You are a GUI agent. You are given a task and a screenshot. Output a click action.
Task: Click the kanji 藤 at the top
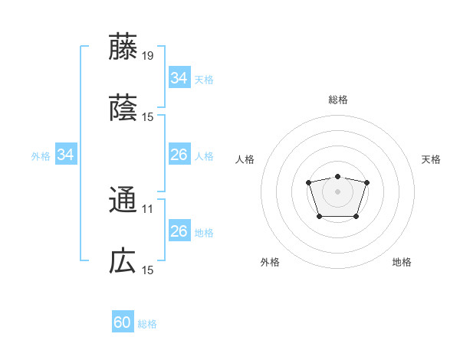click(123, 47)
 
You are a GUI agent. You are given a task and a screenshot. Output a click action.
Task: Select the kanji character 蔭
click(123, 108)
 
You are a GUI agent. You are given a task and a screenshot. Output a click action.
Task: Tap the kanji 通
click(123, 200)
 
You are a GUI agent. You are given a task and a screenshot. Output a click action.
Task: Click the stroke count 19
click(148, 55)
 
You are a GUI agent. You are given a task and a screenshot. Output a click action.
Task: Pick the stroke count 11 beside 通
click(148, 208)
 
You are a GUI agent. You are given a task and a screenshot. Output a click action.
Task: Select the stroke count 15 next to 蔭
click(148, 116)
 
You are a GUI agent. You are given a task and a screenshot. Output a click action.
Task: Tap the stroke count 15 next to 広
click(148, 270)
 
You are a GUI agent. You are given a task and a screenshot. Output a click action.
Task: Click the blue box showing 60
click(123, 322)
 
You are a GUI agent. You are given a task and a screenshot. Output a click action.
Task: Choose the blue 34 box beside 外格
click(66, 155)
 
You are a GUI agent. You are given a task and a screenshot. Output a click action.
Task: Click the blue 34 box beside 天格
click(179, 78)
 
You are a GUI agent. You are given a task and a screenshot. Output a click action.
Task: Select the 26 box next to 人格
click(179, 155)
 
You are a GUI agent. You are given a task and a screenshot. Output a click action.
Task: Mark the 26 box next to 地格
click(179, 231)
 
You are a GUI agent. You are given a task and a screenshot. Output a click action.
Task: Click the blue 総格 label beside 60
click(147, 324)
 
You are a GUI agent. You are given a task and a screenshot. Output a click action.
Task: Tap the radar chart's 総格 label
click(338, 100)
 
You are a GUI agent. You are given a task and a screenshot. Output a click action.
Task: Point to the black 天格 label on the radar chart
click(432, 159)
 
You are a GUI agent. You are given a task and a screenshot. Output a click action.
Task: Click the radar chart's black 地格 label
click(402, 262)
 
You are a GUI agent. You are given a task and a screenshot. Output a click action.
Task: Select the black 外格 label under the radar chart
click(270, 262)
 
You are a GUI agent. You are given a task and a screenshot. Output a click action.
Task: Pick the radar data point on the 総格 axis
click(337, 176)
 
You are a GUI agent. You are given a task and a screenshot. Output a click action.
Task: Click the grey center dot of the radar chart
click(337, 191)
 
